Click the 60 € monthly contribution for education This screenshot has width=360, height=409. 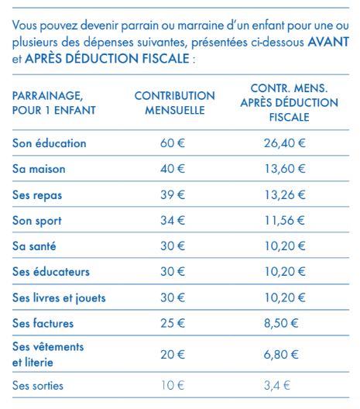point(173,143)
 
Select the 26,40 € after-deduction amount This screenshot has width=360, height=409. point(284,143)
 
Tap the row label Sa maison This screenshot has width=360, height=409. point(39,169)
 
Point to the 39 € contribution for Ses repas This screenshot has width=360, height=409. point(173,194)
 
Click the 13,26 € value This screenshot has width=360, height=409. point(285,194)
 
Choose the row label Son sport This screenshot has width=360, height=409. point(37,221)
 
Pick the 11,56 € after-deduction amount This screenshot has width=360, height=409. point(284,221)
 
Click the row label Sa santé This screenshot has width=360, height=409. point(34,246)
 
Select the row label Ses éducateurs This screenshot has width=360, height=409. point(51,272)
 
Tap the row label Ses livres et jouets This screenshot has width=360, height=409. point(59,297)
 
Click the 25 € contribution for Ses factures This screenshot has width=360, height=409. point(173,323)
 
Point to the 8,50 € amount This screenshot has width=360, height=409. point(281,323)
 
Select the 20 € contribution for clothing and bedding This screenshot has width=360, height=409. point(173,355)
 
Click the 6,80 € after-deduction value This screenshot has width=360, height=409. point(281,355)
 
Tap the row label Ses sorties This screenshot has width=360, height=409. point(38,386)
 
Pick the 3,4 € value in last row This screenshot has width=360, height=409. point(277,385)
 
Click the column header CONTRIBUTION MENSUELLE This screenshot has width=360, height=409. point(175,103)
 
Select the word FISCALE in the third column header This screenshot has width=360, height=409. point(289,117)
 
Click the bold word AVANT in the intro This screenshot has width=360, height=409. point(328,42)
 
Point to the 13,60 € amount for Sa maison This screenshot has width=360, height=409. point(285,169)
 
